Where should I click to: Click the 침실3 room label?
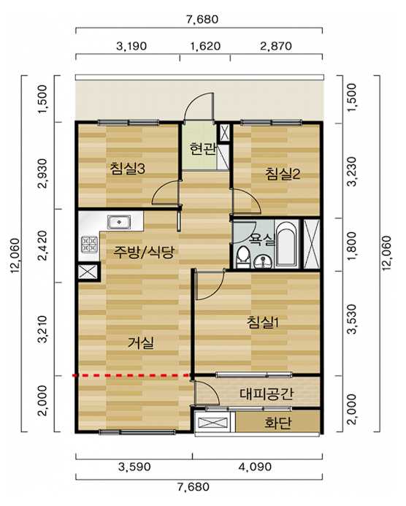[128, 169]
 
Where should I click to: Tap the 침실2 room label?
[283, 174]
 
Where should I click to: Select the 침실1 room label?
[262, 322]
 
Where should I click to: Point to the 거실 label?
[141, 342]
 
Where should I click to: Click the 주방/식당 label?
[143, 252]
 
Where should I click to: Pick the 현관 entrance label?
[202, 149]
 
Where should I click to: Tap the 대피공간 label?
[267, 394]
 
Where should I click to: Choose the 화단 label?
[278, 423]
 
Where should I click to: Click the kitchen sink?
[119, 222]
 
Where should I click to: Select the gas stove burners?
[89, 244]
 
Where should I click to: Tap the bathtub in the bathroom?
[286, 244]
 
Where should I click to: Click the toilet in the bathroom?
[242, 257]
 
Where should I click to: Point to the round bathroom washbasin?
[263, 261]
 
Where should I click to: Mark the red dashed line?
[131, 375]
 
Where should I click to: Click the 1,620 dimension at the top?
[205, 46]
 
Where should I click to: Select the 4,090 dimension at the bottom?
[256, 467]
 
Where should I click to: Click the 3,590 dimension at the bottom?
[134, 467]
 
